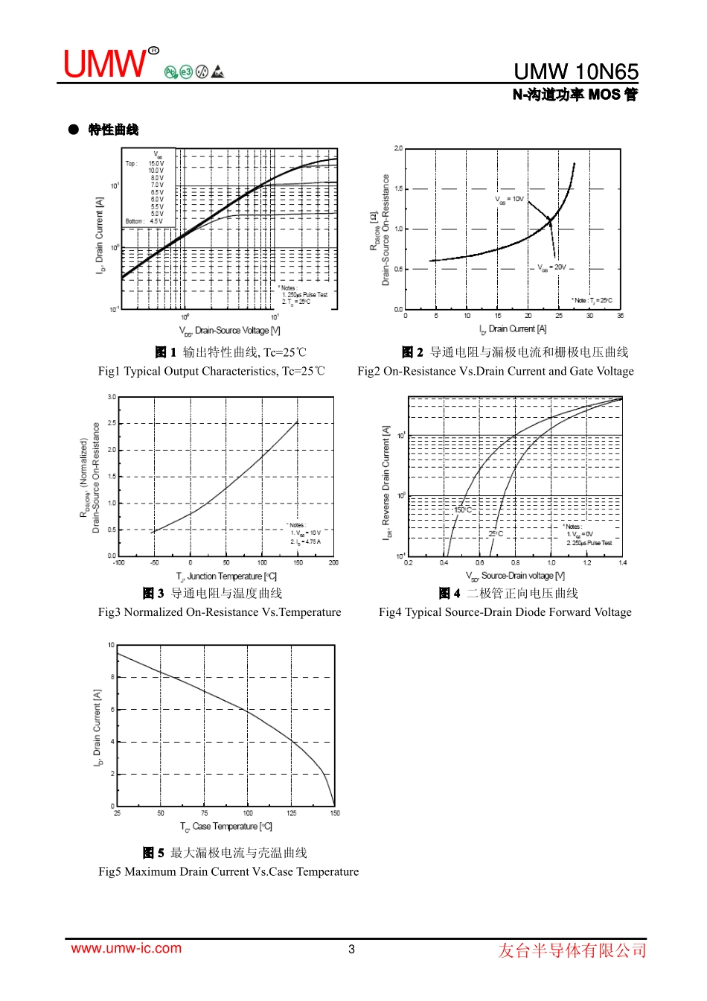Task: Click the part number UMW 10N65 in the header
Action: click(575, 71)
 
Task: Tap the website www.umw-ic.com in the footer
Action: click(126, 948)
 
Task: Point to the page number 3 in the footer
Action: click(351, 949)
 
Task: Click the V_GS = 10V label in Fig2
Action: click(510, 200)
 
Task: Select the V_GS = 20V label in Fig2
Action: click(551, 267)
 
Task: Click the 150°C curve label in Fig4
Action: click(462, 510)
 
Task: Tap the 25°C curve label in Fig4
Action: click(496, 534)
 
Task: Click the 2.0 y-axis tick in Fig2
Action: click(398, 149)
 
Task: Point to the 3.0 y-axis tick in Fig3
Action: click(112, 397)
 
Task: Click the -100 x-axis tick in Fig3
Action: click(118, 563)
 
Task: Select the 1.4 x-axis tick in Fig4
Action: click(622, 563)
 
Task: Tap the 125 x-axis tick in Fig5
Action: click(291, 813)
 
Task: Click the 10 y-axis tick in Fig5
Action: click(112, 646)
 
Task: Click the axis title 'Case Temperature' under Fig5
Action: click(226, 827)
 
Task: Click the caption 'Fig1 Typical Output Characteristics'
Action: click(211, 372)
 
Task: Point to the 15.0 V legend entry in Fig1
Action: click(156, 164)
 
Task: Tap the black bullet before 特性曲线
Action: click(74, 130)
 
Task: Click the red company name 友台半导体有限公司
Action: click(572, 950)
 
